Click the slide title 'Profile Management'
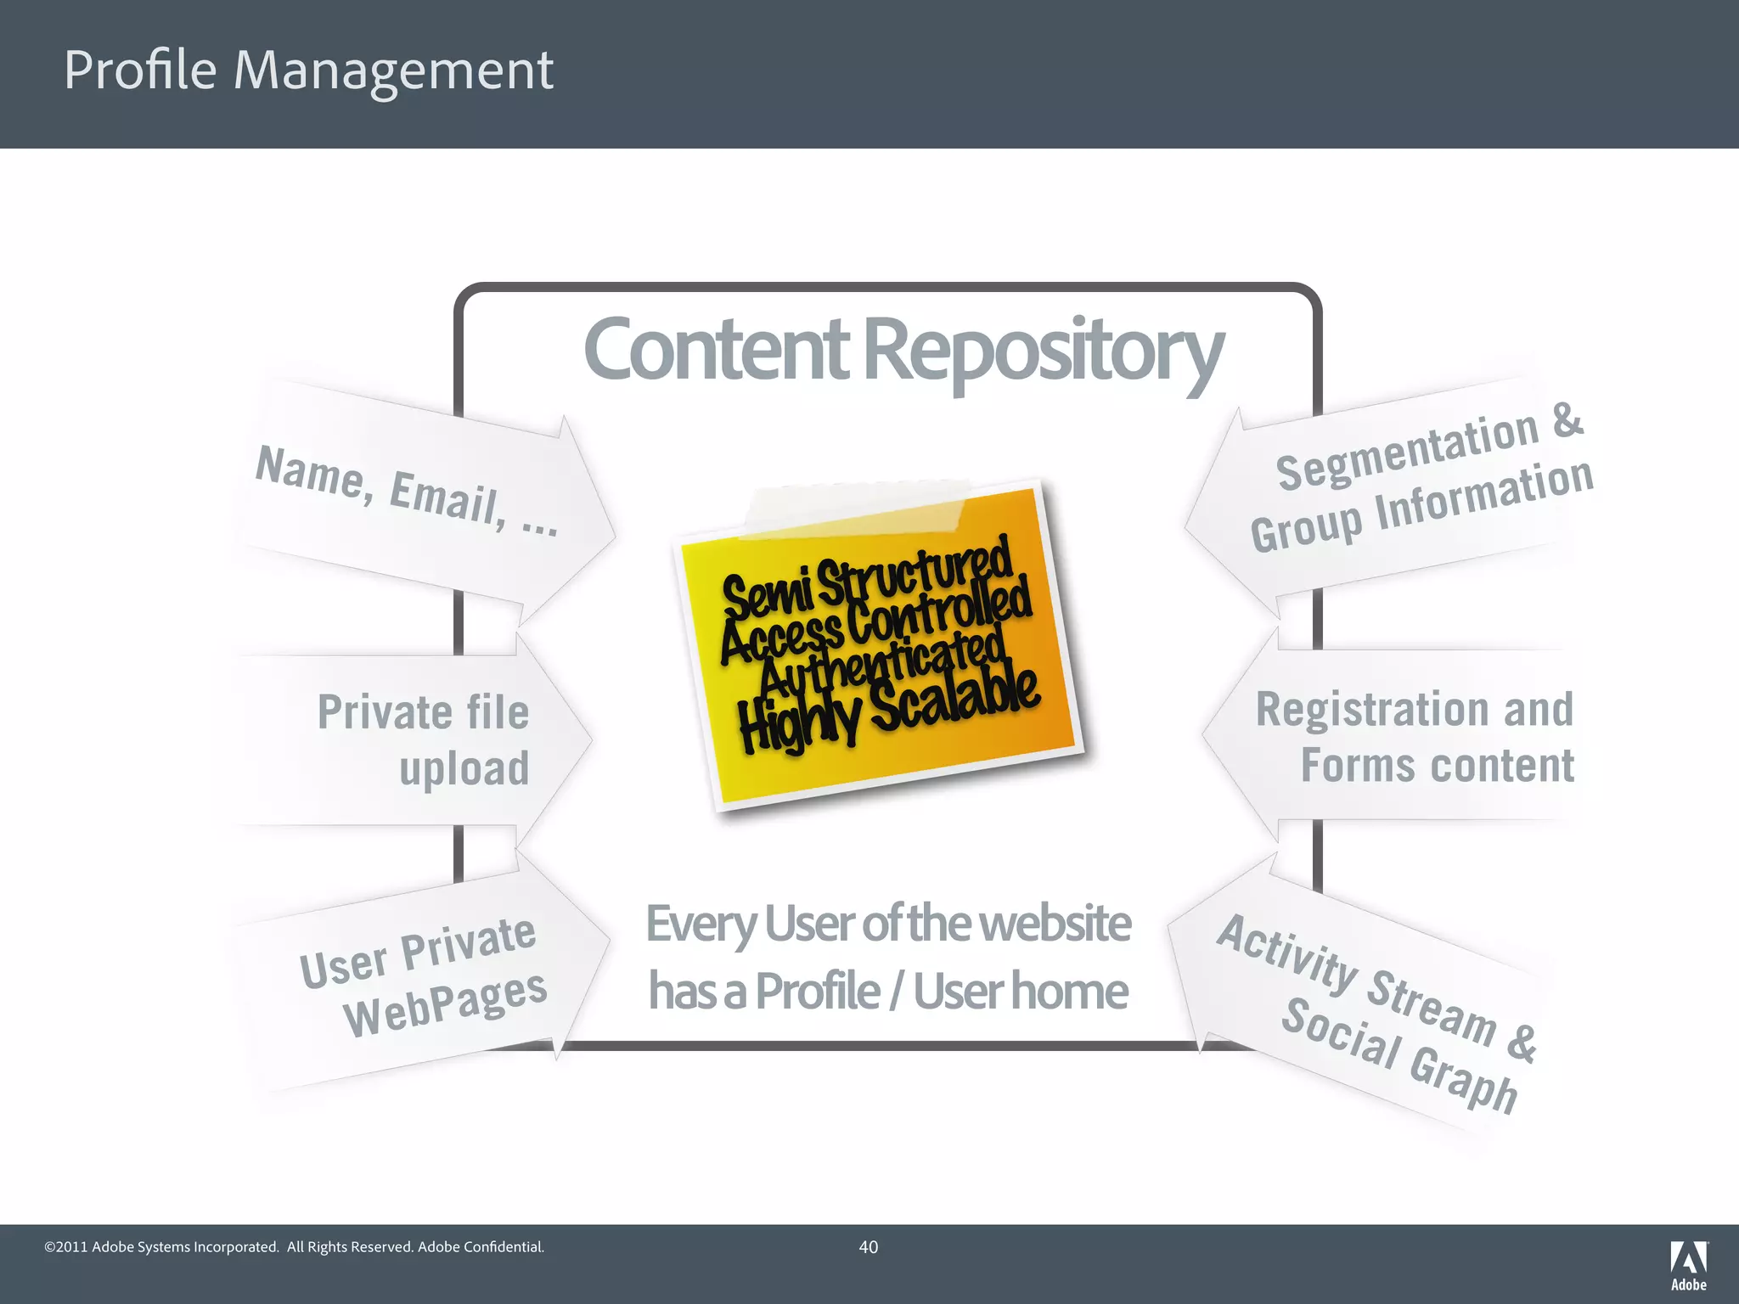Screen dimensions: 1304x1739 click(308, 70)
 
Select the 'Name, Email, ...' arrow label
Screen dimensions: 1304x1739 click(407, 491)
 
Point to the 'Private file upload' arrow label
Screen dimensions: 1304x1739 click(424, 739)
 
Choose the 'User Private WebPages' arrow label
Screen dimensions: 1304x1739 click(423, 976)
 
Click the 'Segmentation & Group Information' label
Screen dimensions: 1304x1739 click(1421, 481)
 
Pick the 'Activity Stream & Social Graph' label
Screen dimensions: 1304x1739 click(1376, 1011)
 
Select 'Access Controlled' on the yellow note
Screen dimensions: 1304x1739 click(875, 622)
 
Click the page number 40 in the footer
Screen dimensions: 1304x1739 click(868, 1247)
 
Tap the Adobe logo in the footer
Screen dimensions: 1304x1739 click(1688, 1264)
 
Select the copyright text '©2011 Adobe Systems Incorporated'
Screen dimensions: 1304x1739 click(161, 1247)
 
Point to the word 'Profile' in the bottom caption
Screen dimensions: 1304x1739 click(818, 991)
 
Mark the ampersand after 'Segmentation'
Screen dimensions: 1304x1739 click(1567, 420)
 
